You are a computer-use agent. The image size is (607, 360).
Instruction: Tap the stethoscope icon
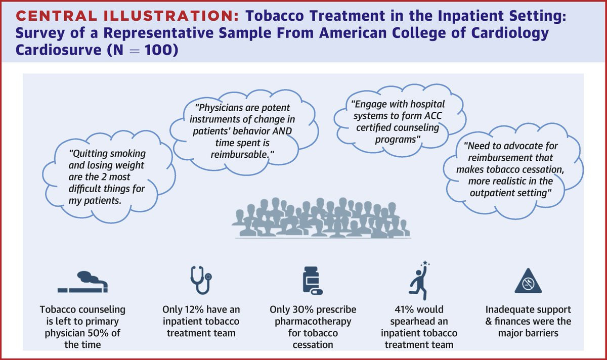point(201,280)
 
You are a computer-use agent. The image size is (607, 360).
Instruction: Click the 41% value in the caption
point(399,309)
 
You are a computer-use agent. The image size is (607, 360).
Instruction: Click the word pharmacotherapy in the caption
point(313,322)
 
